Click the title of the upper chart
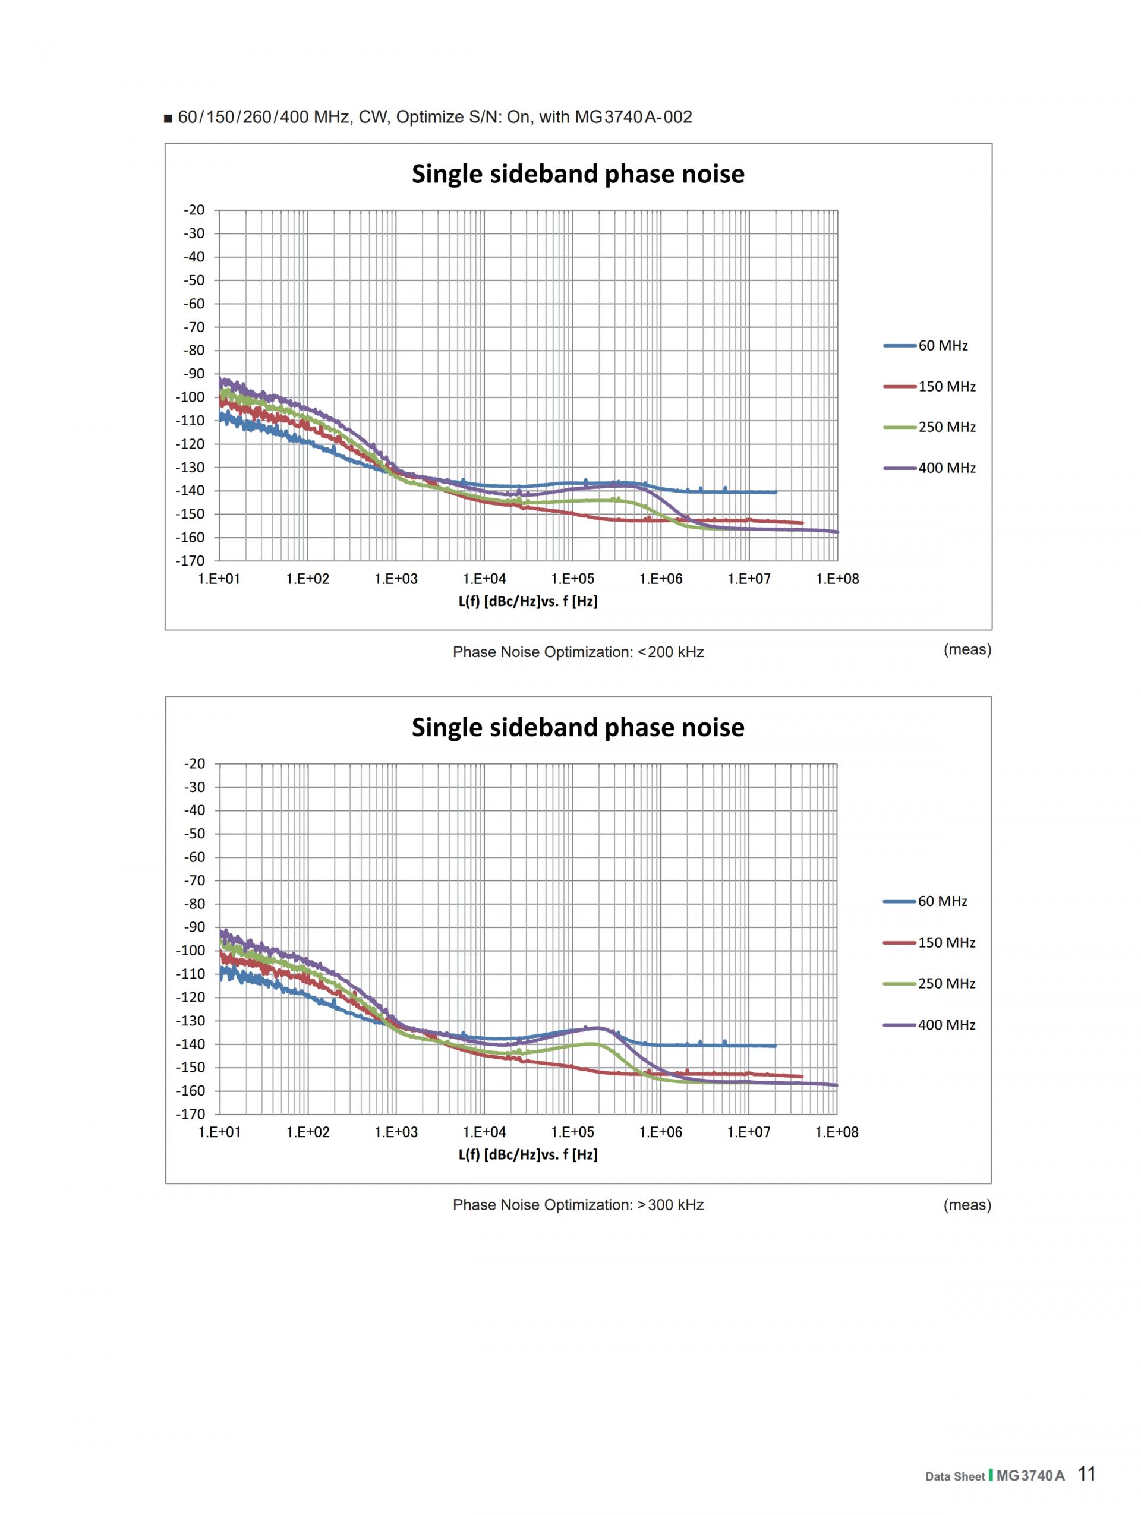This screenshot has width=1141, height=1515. point(578,174)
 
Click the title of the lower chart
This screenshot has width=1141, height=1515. point(578,727)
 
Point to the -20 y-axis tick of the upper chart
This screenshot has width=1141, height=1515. point(194,210)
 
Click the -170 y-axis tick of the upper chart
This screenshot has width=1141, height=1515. point(190,561)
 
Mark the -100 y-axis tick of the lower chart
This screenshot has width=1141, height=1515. point(190,951)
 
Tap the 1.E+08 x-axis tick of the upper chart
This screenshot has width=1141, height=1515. point(837,579)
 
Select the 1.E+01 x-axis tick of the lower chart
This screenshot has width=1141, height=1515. point(220,1132)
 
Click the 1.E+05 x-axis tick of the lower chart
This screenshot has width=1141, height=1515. point(572,1132)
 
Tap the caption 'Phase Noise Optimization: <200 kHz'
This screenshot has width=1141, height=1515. point(578,652)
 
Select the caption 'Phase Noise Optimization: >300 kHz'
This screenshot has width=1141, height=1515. point(578,1205)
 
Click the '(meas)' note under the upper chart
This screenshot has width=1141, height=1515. point(967,649)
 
